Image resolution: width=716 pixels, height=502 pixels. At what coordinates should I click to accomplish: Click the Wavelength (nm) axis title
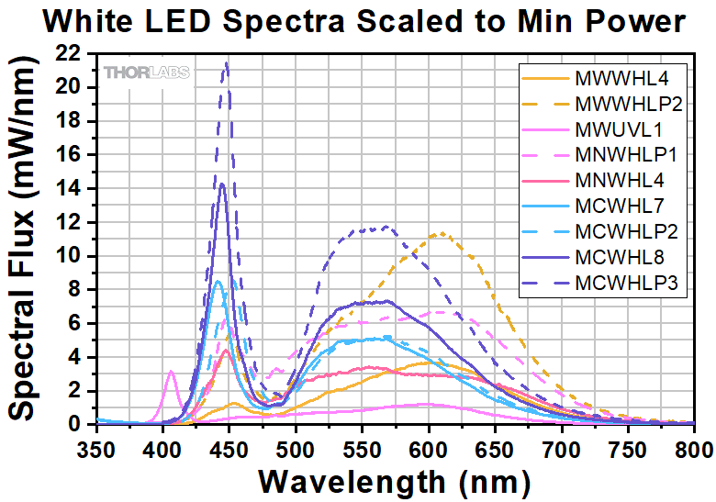395,479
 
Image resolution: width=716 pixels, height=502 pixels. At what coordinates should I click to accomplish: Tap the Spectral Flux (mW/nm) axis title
25,239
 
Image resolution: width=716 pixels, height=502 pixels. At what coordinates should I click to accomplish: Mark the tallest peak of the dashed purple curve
226,63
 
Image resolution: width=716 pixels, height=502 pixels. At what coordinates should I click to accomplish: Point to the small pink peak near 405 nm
172,371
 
